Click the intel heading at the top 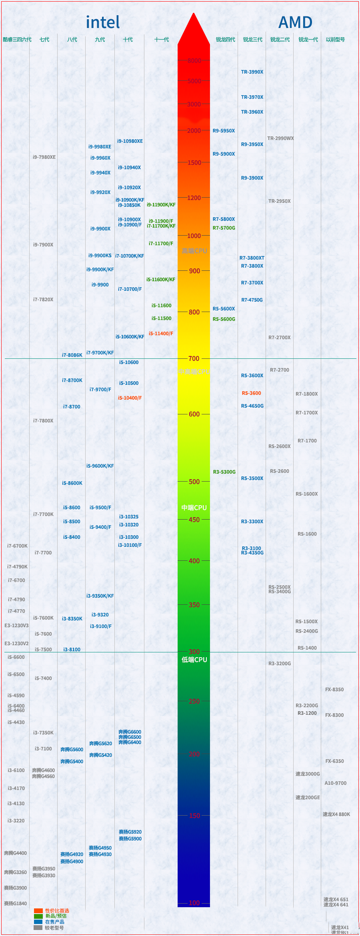[103, 22]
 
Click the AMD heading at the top [295, 22]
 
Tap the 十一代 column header [162, 40]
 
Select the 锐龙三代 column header [253, 40]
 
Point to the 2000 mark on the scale [194, 131]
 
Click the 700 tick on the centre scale [194, 358]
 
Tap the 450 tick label [194, 520]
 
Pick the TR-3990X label [252, 72]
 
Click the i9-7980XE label [44, 157]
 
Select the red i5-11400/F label [161, 334]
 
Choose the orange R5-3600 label [251, 393]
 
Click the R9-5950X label [224, 131]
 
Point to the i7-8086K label [72, 355]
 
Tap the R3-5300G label [224, 472]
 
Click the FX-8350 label [334, 690]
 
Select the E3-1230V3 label [16, 626]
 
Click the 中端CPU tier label [194, 508]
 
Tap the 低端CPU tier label [194, 660]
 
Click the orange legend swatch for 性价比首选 [38, 911]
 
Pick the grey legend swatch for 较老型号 [38, 928]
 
